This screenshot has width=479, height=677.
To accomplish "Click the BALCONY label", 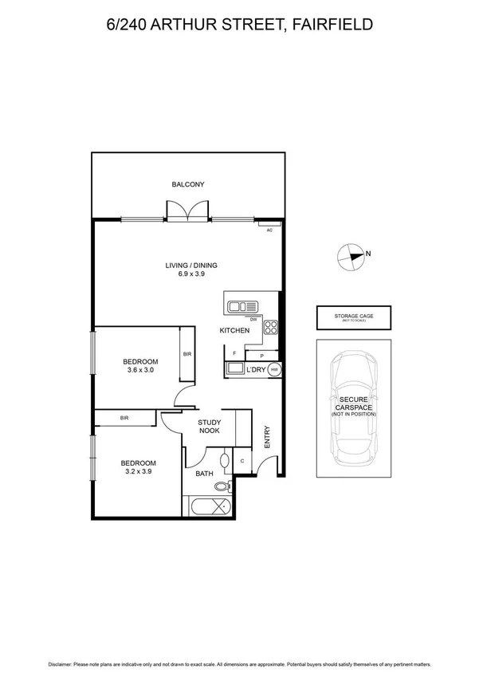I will tap(188, 185).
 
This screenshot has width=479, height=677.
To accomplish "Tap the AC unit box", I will tap(269, 230).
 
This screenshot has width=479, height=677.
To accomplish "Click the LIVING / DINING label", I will tap(191, 266).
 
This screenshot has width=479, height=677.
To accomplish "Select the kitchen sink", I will tap(242, 305).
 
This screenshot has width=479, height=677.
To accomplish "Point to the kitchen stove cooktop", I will tap(270, 326).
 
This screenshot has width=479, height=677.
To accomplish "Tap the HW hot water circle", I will tap(274, 370).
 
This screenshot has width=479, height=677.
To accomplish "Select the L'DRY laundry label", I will tap(257, 370).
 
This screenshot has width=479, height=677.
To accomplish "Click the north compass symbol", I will tap(349, 256).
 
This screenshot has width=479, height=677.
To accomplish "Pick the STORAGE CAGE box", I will tap(353, 317).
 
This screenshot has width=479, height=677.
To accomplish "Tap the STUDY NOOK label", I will tap(210, 426).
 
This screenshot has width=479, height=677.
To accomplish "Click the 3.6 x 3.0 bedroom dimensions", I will tap(139, 369).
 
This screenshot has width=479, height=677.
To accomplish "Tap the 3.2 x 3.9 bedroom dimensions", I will tap(138, 471).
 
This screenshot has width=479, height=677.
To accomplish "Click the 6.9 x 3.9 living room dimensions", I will tap(191, 275).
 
